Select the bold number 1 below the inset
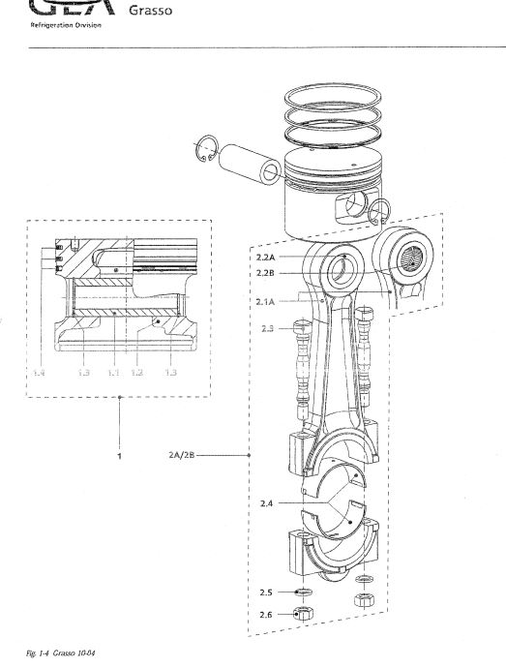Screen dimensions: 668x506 [x=119, y=454]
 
